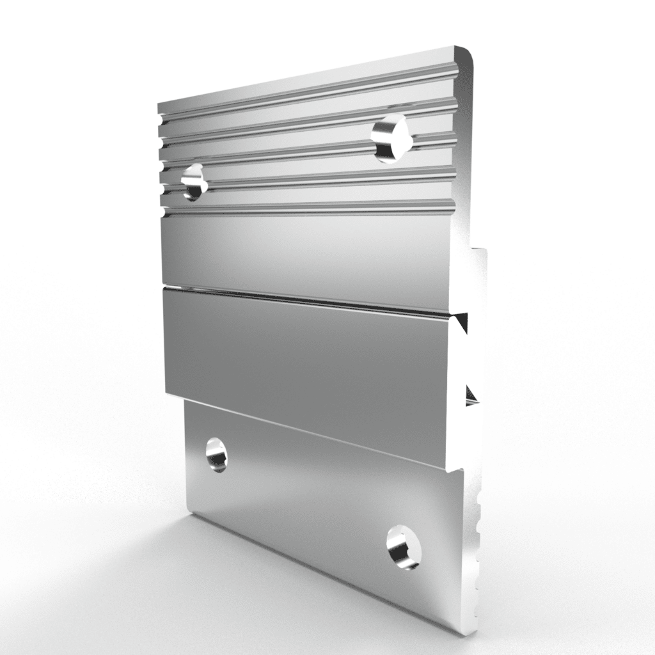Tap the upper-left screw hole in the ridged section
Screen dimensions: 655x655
click(193, 182)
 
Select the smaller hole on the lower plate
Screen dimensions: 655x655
click(216, 455)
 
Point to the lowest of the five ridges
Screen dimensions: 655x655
click(307, 207)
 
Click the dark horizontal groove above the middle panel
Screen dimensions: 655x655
click(307, 297)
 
